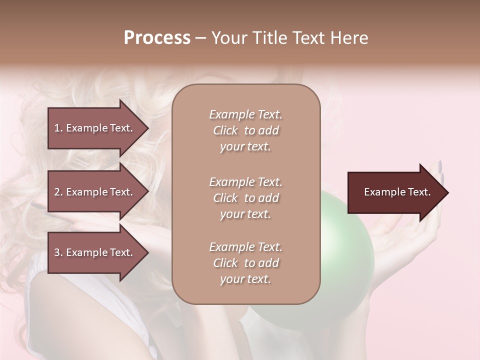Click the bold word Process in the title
[157, 38]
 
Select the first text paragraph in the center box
[246, 130]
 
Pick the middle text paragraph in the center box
[246, 198]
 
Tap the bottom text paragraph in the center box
[246, 263]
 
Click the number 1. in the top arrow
[58, 128]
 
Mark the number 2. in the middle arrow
[58, 192]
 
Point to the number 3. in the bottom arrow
[58, 252]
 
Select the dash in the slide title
[201, 38]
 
